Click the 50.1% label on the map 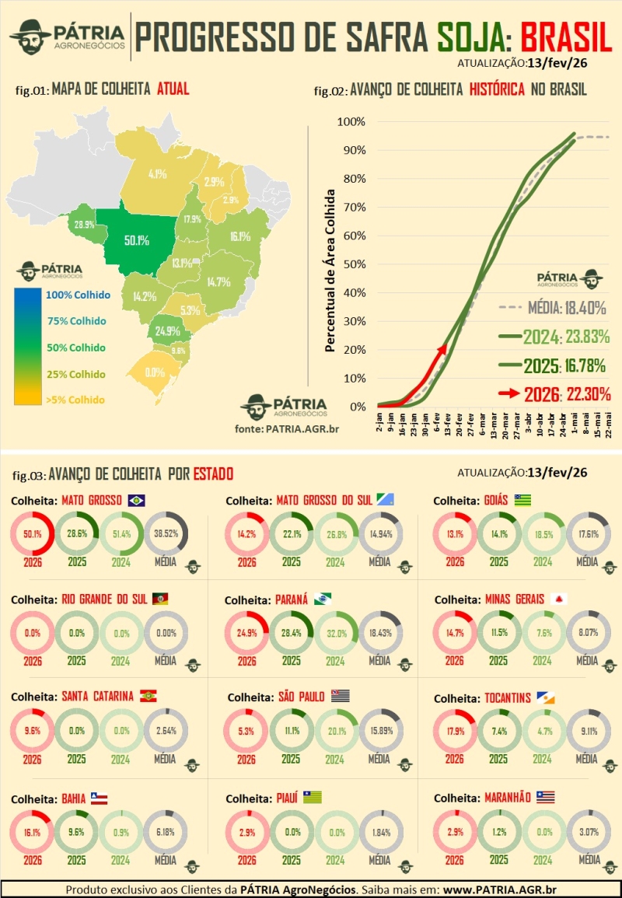tap(137, 240)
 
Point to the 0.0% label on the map tap(154, 372)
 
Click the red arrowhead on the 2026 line tap(443, 349)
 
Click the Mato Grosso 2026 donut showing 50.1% tap(32, 534)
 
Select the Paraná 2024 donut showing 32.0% tap(335, 633)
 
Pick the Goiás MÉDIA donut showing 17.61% tap(589, 534)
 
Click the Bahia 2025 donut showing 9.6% tap(76, 831)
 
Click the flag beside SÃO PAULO tap(341, 697)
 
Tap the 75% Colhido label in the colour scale tap(76, 321)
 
